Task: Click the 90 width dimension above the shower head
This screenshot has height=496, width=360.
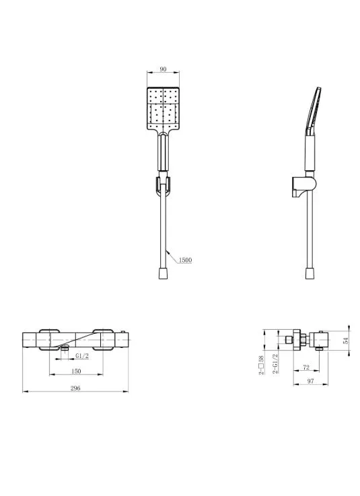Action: pos(163,69)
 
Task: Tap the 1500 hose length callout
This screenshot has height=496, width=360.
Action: pos(185,260)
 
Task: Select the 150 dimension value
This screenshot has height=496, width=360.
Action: pos(76,371)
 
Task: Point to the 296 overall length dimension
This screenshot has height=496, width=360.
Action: pos(75,388)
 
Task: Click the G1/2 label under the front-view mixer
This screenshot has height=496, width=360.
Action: pos(82,356)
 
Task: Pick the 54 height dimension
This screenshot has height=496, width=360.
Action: pos(346,341)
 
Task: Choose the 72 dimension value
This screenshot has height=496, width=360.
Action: pos(306,367)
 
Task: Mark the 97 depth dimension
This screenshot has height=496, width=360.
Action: pos(311,381)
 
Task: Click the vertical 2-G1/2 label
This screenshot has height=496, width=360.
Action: pos(275,364)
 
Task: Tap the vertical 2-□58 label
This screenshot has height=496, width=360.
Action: pos(261,365)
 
